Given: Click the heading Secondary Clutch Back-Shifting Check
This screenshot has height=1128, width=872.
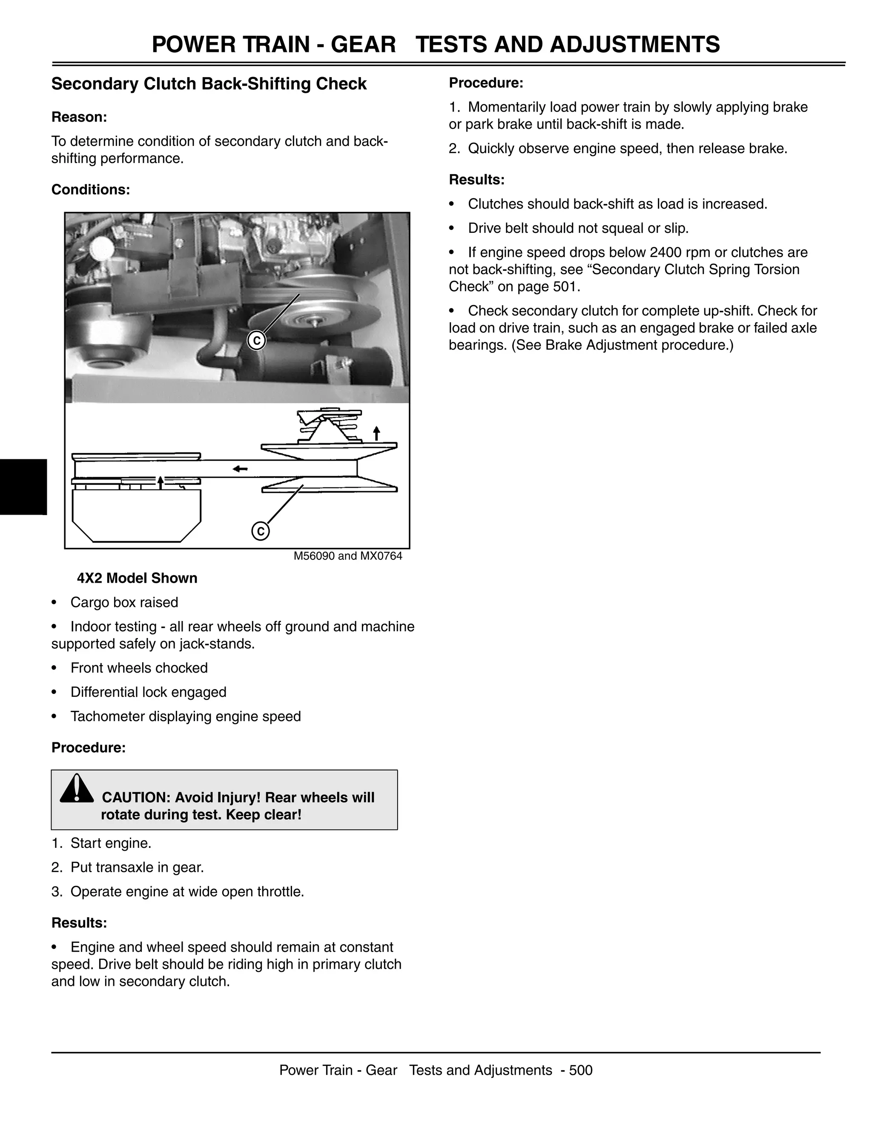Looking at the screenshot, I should click(x=209, y=84).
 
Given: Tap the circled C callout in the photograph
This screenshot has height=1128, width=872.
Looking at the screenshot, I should click(x=256, y=341).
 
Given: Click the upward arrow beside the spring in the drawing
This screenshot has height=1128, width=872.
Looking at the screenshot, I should click(x=376, y=433).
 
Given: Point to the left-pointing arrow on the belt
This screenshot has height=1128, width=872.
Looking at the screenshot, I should click(x=240, y=469).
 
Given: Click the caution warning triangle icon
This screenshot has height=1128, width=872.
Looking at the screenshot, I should click(x=77, y=789).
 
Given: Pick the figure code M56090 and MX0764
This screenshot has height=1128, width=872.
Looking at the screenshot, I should click(x=348, y=556).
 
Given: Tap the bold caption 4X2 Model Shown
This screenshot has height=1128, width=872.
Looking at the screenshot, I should click(x=137, y=578).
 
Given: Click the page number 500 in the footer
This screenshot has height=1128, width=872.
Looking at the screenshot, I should click(x=581, y=1070).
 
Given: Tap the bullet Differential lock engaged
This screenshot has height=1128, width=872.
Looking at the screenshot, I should click(x=148, y=692).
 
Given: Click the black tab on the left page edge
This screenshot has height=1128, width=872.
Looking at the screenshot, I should click(x=23, y=487).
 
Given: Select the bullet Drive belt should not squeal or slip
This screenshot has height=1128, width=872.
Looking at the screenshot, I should click(x=578, y=228).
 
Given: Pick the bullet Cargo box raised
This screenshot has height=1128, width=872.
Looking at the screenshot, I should click(x=124, y=602).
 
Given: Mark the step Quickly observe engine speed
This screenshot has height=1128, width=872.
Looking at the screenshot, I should click(x=618, y=149).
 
